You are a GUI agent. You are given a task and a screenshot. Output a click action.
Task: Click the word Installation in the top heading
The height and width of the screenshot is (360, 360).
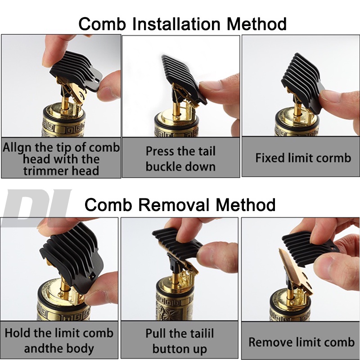(x=176, y=24)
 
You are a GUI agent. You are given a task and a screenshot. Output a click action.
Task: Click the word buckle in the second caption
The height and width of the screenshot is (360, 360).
(x=163, y=166)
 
